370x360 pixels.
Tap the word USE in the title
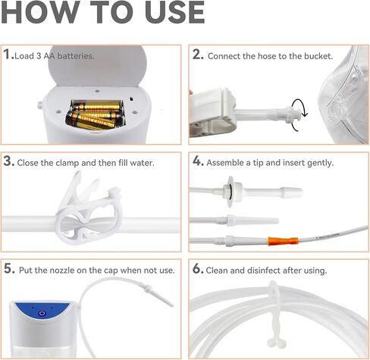click(x=168, y=14)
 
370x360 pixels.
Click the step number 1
click(x=8, y=55)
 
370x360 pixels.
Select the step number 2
click(x=196, y=55)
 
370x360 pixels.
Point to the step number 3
click(x=8, y=161)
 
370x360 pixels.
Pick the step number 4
click(x=196, y=161)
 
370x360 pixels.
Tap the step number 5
click(x=8, y=268)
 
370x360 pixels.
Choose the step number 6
click(x=196, y=268)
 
